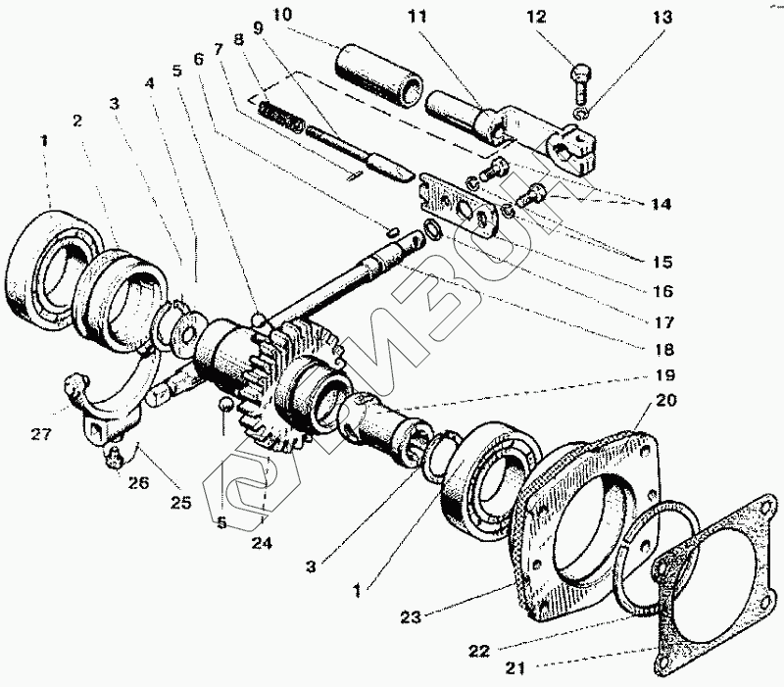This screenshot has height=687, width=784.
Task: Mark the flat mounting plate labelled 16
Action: coord(462,203)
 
